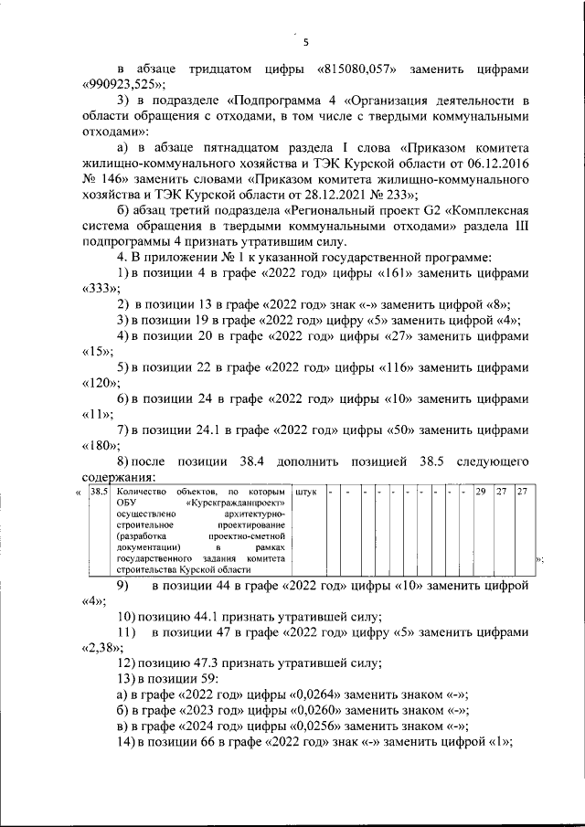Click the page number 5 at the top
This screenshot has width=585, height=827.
pos(306,41)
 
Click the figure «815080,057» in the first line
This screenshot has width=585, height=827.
pos(356,69)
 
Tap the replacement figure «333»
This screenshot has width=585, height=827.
pos(94,288)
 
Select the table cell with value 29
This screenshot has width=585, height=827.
pos(479,493)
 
